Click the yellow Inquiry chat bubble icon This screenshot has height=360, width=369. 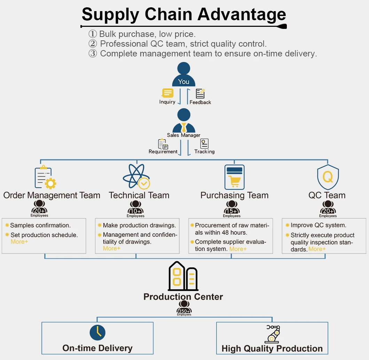[x=167, y=93]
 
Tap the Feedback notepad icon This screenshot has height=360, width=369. [x=200, y=94]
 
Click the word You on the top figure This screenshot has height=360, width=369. [x=183, y=82]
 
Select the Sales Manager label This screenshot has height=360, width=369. [x=183, y=135]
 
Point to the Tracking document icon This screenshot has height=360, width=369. [x=204, y=143]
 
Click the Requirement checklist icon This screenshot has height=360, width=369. [x=163, y=144]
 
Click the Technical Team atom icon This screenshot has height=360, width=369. [x=136, y=176]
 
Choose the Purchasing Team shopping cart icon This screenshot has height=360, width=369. [x=234, y=177]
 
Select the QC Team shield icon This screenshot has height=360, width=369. [x=328, y=177]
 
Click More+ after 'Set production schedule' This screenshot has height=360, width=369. [x=19, y=242]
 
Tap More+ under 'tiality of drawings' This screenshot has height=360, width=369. [x=112, y=248]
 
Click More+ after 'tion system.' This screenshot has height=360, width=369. [x=238, y=249]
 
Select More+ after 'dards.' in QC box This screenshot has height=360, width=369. [x=317, y=249]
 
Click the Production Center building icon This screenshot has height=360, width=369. [x=183, y=276]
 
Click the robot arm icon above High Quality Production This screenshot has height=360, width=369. [x=273, y=334]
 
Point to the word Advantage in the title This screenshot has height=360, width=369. [x=242, y=15]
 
